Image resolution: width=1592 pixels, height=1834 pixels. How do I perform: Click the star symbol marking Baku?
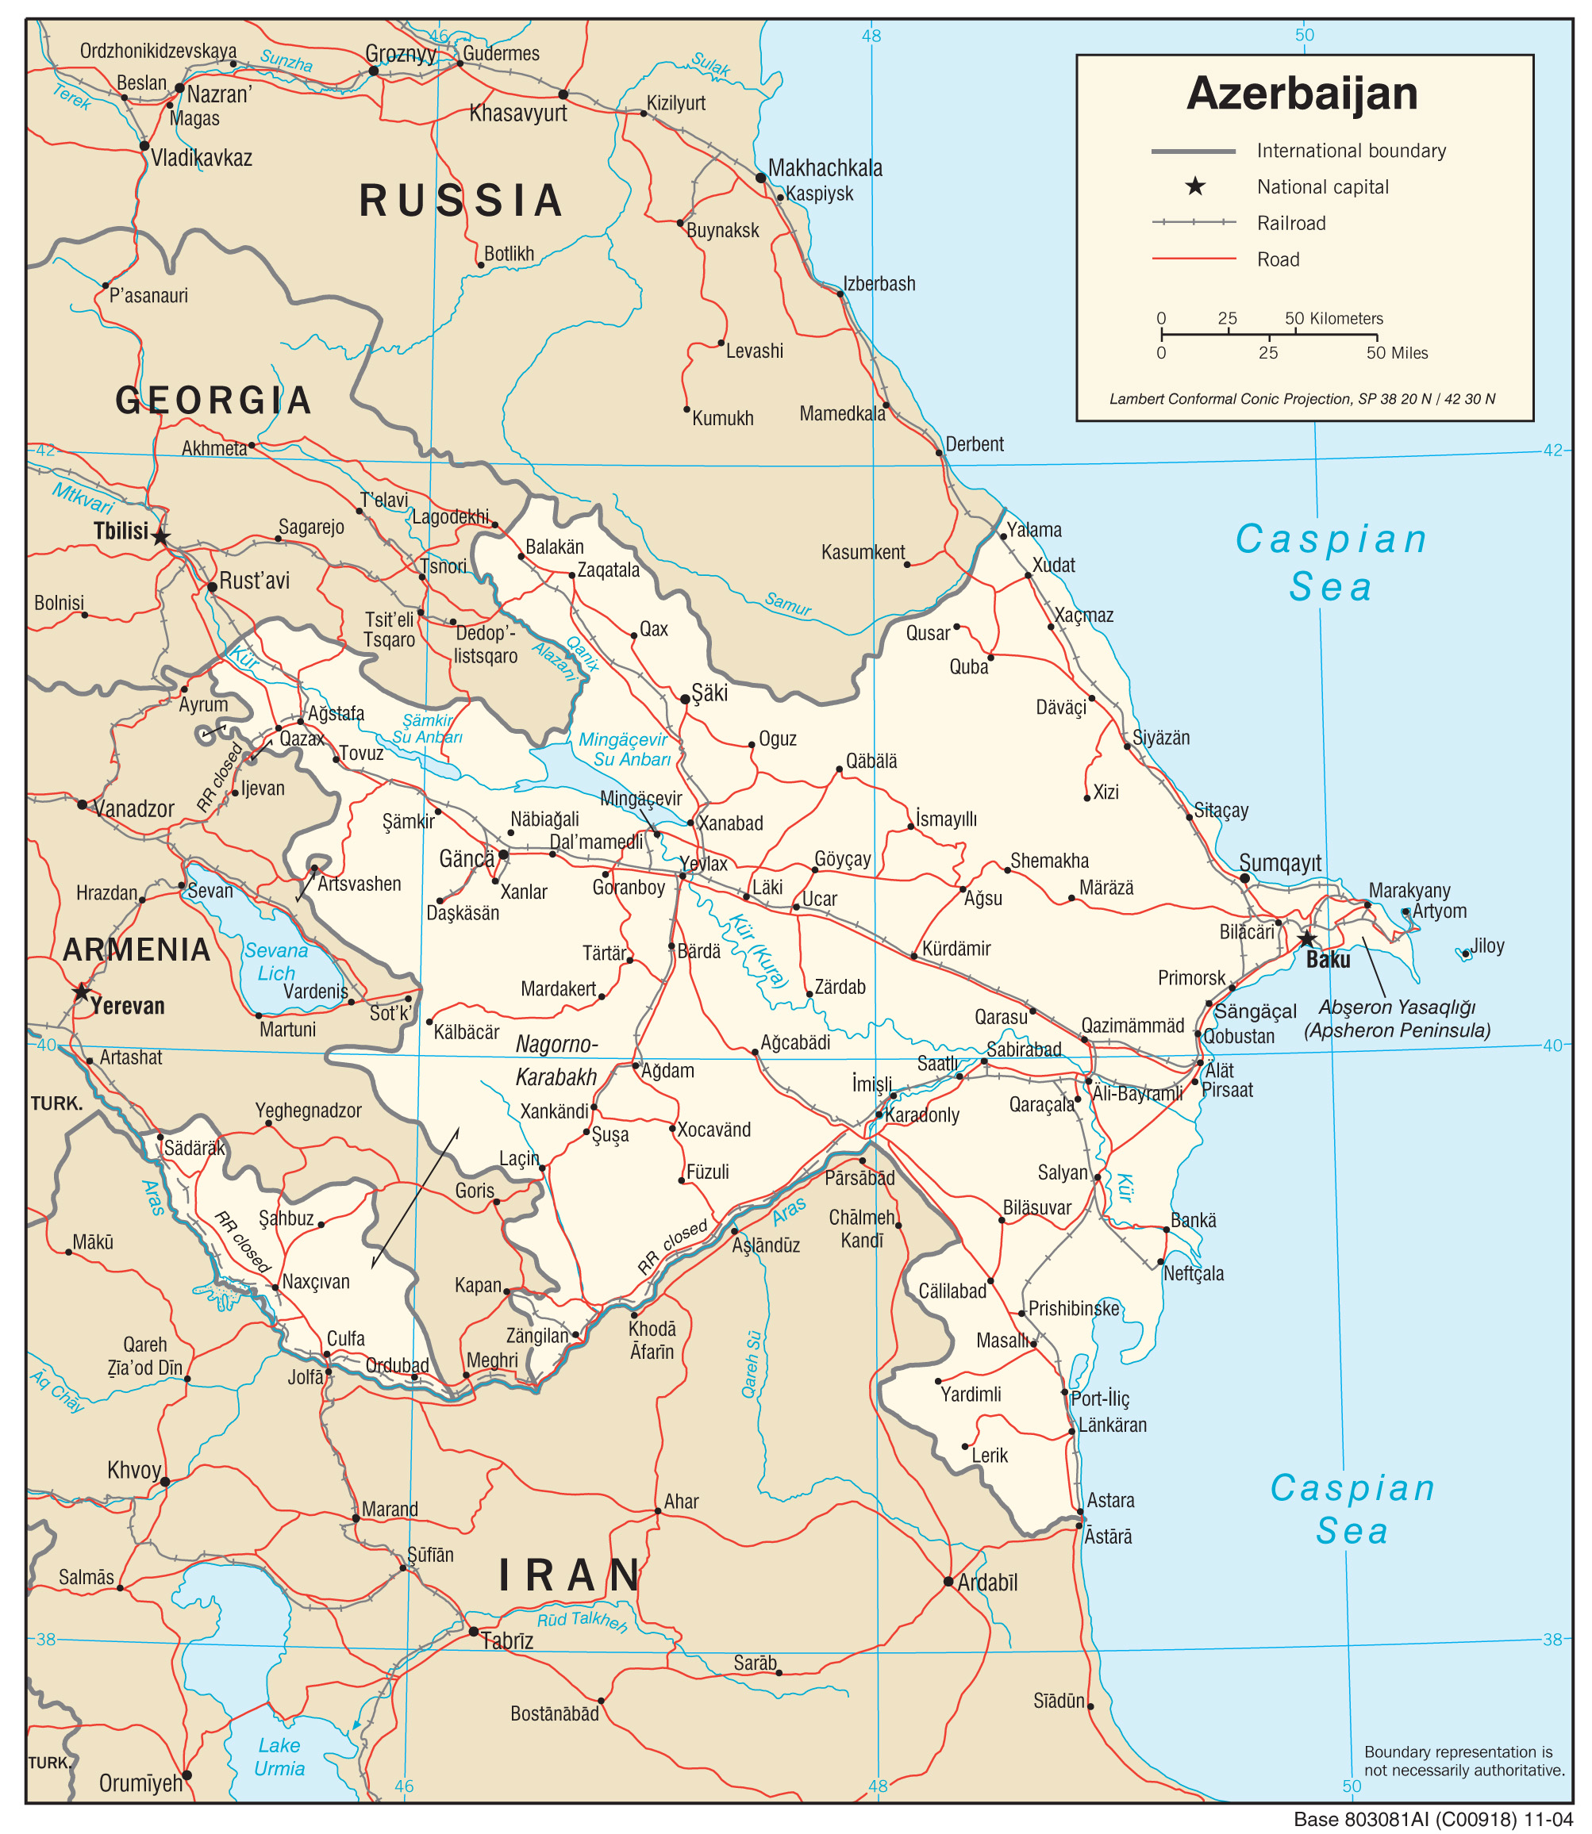click(x=1306, y=938)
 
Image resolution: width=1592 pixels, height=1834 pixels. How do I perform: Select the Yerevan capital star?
click(x=81, y=991)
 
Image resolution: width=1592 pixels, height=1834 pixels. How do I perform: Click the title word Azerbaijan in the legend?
click(x=1302, y=94)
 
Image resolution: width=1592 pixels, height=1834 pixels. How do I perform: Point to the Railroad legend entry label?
click(x=1291, y=223)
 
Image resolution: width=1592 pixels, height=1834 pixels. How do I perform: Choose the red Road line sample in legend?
click(x=1193, y=259)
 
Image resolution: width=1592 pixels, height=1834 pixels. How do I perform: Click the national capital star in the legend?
click(x=1196, y=186)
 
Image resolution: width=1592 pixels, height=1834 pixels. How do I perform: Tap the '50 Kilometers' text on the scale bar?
click(x=1333, y=318)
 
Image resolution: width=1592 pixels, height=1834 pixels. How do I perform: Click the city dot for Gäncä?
click(x=503, y=854)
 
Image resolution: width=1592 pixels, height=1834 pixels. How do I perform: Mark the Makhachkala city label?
click(x=825, y=168)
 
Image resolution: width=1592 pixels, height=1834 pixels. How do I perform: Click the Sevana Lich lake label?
click(x=276, y=962)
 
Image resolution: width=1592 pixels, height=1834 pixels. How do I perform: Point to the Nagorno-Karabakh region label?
click(x=557, y=1061)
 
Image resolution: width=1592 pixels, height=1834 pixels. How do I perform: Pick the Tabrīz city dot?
click(x=474, y=1632)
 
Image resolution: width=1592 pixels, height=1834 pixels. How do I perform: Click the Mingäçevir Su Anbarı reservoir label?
click(x=625, y=749)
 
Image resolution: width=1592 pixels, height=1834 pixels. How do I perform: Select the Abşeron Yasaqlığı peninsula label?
click(x=1397, y=1018)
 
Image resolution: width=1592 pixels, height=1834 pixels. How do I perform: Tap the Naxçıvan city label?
click(x=315, y=1282)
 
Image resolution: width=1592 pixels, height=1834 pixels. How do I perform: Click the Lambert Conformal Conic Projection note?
click(x=1302, y=399)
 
